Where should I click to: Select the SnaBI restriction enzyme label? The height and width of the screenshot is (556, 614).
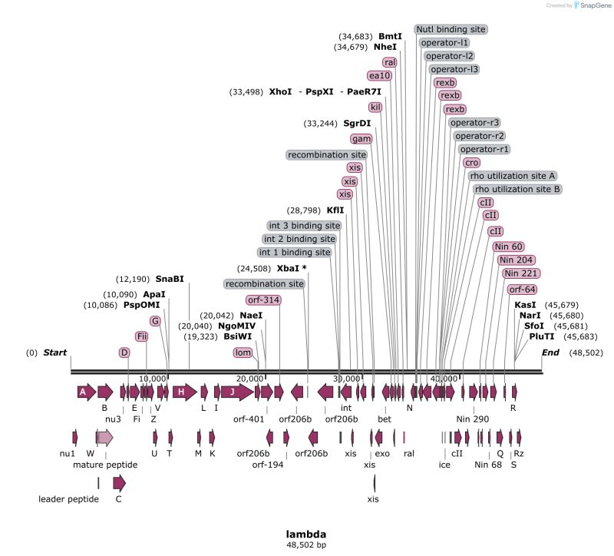click(170, 278)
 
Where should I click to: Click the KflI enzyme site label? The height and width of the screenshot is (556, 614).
click(335, 210)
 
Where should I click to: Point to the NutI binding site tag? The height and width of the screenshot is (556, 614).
click(451, 29)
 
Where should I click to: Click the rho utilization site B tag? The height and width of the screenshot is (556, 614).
click(517, 189)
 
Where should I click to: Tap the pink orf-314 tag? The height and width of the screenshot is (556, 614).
click(263, 299)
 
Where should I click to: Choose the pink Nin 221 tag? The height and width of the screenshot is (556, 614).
click(521, 274)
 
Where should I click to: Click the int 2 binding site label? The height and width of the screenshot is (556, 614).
click(302, 239)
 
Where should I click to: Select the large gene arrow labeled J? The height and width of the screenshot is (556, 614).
click(233, 392)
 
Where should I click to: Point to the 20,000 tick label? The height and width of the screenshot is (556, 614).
click(251, 379)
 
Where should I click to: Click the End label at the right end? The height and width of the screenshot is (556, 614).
click(551, 352)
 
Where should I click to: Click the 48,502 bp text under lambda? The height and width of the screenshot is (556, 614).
click(307, 545)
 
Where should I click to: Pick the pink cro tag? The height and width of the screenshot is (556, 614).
click(472, 162)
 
